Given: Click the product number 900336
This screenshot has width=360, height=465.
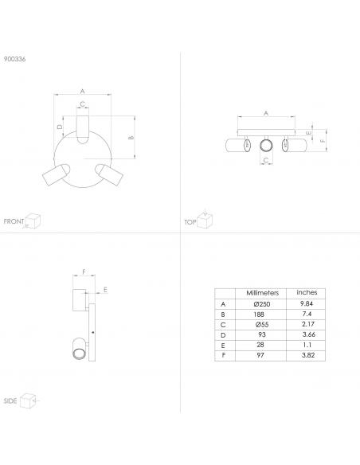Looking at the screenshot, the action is click(14, 59).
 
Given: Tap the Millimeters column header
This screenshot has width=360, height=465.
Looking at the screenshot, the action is click(263, 293).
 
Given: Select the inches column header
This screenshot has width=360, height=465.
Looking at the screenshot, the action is click(307, 292).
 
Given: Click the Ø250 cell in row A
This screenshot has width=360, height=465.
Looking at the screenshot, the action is click(262, 304).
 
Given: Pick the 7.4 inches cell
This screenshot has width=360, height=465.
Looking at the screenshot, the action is click(307, 314).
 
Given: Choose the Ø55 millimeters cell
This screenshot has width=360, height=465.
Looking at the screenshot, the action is click(262, 325).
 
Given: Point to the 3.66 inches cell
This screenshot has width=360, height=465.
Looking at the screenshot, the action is click(309, 334).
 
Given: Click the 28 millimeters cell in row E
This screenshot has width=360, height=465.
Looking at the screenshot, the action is click(260, 345).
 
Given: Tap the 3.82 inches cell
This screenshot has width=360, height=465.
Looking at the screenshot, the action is click(308, 355).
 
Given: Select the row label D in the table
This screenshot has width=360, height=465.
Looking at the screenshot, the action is click(223, 335).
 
